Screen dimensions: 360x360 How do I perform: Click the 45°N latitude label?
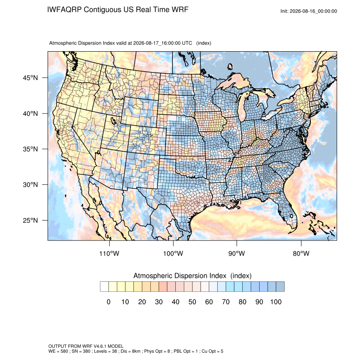[x=30, y=78]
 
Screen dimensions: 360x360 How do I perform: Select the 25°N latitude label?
[x=30, y=220]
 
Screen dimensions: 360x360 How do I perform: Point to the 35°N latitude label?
[x=30, y=149]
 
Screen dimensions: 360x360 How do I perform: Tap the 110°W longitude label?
[x=109, y=253]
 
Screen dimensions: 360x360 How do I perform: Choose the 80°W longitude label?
[x=301, y=253]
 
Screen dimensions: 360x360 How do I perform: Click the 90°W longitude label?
[x=236, y=253]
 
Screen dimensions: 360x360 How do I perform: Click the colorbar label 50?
[x=192, y=302]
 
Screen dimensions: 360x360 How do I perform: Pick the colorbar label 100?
[x=276, y=302]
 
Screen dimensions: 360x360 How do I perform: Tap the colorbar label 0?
[x=108, y=302]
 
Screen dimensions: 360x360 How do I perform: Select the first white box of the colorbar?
[x=104, y=287]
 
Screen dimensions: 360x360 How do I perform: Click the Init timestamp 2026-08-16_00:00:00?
[x=313, y=11]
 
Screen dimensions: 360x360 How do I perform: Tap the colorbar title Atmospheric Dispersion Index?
[x=180, y=276]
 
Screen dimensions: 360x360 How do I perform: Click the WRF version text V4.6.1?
[x=100, y=346]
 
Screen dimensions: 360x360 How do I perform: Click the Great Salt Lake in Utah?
[x=113, y=120]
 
